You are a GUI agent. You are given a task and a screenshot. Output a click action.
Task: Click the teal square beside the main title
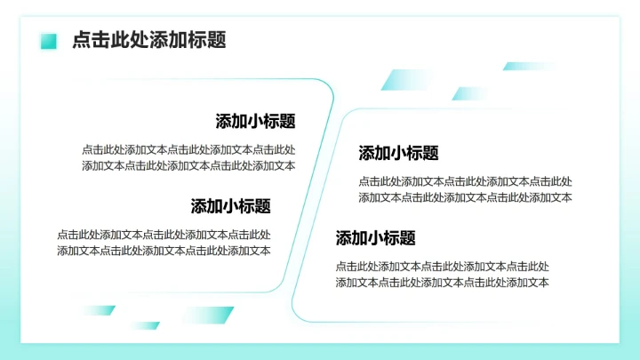[x=49, y=41]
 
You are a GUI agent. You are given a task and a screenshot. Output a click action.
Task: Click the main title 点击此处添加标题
[x=148, y=40]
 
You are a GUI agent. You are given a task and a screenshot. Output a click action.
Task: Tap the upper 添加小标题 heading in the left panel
[x=255, y=122]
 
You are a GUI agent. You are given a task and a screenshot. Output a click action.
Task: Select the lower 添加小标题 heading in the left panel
[x=230, y=206]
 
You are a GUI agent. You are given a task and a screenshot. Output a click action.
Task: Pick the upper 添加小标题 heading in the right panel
[x=398, y=153]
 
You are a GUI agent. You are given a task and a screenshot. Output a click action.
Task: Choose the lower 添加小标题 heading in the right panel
[x=375, y=238]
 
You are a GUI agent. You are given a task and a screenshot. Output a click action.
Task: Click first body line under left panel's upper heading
[x=188, y=149]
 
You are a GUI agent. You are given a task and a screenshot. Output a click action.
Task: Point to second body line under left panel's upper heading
[x=188, y=164]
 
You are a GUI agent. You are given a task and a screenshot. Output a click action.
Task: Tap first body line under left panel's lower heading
[x=164, y=235]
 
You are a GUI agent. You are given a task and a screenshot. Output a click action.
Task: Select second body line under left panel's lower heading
[x=164, y=250]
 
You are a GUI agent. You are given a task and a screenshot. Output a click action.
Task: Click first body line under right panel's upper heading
[x=465, y=181]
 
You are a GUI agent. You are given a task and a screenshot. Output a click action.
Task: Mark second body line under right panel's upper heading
[x=465, y=196]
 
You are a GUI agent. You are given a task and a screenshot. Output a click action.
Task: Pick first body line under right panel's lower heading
[x=442, y=266]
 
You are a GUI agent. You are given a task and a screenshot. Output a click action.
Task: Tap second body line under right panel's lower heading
[x=442, y=282]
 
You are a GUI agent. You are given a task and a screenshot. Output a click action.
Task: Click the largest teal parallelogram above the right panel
[x=405, y=80]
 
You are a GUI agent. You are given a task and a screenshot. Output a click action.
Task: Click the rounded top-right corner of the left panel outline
[x=327, y=86]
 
